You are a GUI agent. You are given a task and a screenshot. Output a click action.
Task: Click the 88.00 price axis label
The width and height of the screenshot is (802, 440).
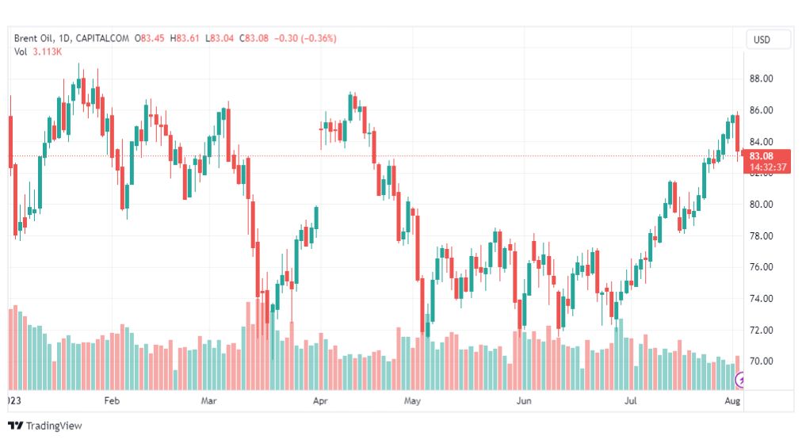[x=761, y=78]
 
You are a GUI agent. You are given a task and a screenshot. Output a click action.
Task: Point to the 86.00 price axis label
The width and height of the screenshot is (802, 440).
[x=761, y=110]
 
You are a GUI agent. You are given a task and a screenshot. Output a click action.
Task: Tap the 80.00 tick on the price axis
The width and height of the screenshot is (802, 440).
[x=761, y=205]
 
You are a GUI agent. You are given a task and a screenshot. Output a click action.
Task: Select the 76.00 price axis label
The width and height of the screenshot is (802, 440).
[x=761, y=267]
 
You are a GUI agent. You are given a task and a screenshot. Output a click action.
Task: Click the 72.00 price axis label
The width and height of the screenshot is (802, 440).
[x=761, y=330]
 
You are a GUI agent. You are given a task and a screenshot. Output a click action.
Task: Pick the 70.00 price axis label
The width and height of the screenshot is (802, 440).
[x=761, y=362]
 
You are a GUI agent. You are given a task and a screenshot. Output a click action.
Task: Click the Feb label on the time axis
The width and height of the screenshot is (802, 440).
[x=111, y=402]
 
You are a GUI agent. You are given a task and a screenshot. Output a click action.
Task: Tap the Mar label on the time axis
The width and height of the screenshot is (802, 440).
[x=208, y=402]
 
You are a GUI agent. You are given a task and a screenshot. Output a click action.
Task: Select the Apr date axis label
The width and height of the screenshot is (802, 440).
[x=320, y=402]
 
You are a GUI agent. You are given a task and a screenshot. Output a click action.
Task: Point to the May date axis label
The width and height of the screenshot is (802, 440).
[x=411, y=402]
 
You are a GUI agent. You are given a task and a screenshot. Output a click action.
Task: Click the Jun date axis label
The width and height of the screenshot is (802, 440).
[x=523, y=402]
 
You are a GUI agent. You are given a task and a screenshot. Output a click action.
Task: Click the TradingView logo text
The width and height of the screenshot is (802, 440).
[x=53, y=426]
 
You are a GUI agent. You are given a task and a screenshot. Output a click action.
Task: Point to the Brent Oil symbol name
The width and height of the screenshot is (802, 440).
[x=37, y=38]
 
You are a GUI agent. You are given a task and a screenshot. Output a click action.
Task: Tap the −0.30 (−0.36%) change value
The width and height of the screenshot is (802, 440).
[x=304, y=38]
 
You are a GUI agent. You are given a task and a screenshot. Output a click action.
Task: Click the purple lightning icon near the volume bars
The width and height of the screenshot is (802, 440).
[x=742, y=381]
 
